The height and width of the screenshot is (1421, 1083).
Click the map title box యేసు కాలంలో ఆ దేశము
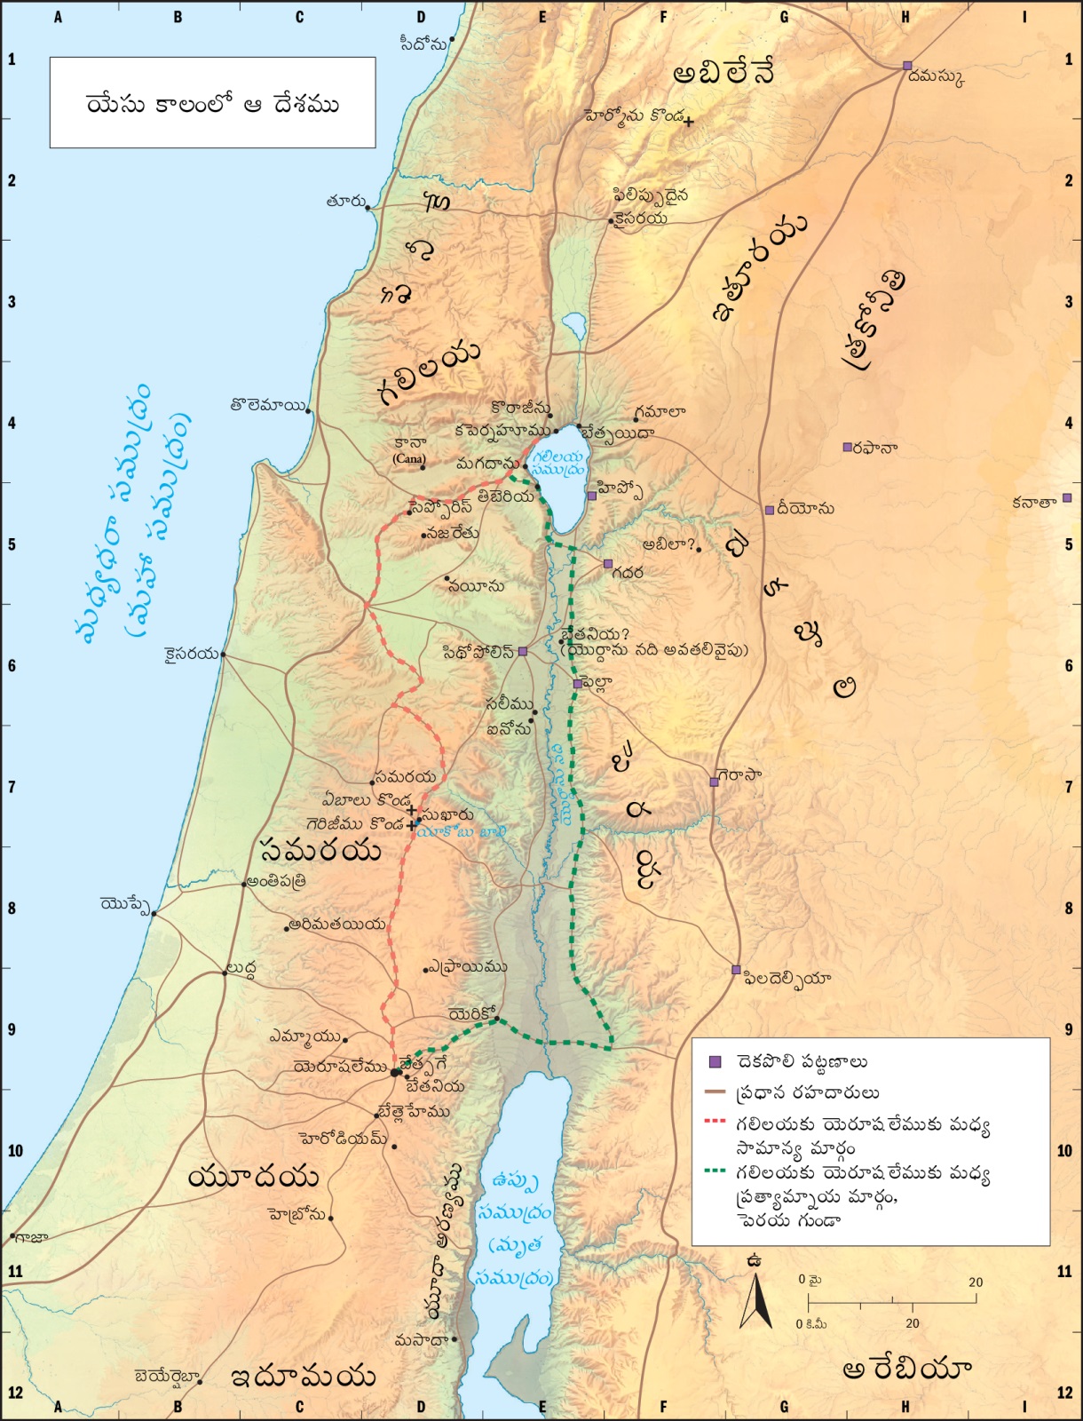(x=212, y=103)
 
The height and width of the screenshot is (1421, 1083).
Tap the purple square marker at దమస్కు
(x=907, y=66)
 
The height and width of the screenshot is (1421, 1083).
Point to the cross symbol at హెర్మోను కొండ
(x=688, y=122)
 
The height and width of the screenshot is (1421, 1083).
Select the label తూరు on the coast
(x=344, y=202)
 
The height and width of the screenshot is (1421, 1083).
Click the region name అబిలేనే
(x=723, y=73)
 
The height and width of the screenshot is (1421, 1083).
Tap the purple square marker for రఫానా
(x=847, y=447)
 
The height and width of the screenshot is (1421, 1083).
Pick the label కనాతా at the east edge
(x=1034, y=502)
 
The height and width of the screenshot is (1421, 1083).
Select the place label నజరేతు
(x=453, y=534)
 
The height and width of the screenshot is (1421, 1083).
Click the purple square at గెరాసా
(x=714, y=782)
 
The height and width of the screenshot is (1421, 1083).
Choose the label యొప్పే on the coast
(x=124, y=904)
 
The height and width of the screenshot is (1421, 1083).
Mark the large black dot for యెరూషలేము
(x=395, y=1073)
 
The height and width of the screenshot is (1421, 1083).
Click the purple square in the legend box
(x=715, y=1062)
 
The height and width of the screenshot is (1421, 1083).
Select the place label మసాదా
(x=422, y=1339)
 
